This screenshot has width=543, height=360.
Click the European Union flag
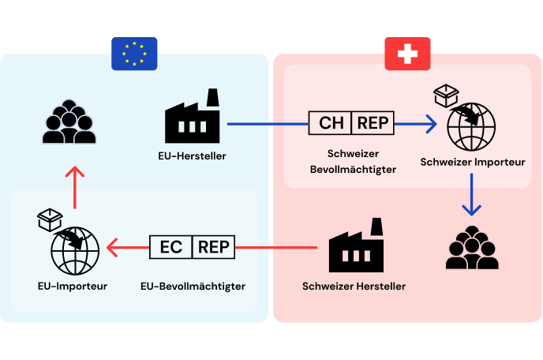click(134, 54)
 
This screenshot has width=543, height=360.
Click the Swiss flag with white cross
click(407, 54)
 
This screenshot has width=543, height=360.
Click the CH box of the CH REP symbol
click(330, 123)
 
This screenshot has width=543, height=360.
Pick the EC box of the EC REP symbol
click(170, 247)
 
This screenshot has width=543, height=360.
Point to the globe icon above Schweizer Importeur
click(471, 127)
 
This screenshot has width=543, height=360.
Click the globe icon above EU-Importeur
click(75, 251)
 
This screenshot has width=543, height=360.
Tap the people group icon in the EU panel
click(69, 122)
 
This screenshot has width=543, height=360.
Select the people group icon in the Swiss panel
click(472, 247)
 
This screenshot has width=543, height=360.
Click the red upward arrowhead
click(75, 172)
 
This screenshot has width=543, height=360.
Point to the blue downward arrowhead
click(472, 210)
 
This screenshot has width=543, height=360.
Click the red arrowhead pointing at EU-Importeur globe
click(112, 247)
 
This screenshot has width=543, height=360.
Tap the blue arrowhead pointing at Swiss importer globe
click(432, 124)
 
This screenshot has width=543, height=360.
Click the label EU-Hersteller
click(193, 156)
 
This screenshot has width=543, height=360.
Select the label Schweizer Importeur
click(473, 162)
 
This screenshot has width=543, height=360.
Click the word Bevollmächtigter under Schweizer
click(354, 170)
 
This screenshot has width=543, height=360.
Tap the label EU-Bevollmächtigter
click(193, 287)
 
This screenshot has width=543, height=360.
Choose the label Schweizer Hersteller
click(354, 287)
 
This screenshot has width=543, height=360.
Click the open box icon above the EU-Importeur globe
click(50, 219)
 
